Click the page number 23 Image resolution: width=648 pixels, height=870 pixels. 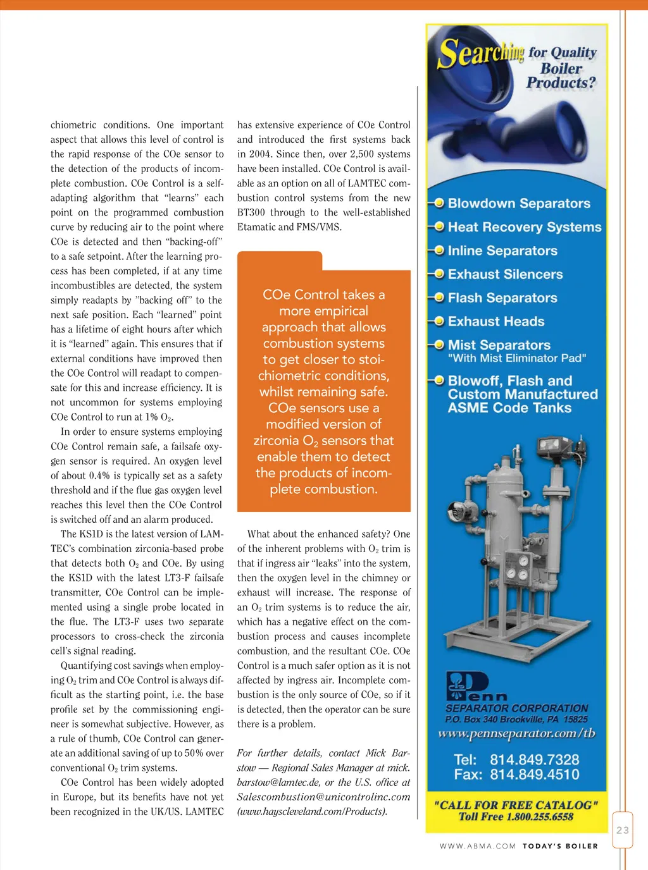point(623,830)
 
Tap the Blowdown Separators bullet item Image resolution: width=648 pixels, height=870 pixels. point(518,204)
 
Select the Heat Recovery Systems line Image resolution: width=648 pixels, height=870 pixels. point(524,227)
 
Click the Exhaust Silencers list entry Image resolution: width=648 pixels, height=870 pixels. point(505,274)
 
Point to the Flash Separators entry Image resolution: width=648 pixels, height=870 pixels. point(502,298)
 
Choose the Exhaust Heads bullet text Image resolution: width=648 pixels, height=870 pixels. point(496,321)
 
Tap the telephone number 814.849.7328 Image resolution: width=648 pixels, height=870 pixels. point(534,759)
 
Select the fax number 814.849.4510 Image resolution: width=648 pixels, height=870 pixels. point(534,775)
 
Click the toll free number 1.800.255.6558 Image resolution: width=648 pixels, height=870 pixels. point(540,817)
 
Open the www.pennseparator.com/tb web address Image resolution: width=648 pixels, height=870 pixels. point(516,733)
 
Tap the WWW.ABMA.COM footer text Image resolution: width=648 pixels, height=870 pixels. point(478,846)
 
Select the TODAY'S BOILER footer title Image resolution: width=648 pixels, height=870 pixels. point(560,846)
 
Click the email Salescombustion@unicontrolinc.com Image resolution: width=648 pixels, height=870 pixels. point(323,797)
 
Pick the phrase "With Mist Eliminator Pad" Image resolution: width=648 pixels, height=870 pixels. point(516,358)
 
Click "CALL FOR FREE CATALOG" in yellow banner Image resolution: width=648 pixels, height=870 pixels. point(516,805)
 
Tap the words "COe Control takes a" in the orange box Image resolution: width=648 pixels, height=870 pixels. point(323,295)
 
